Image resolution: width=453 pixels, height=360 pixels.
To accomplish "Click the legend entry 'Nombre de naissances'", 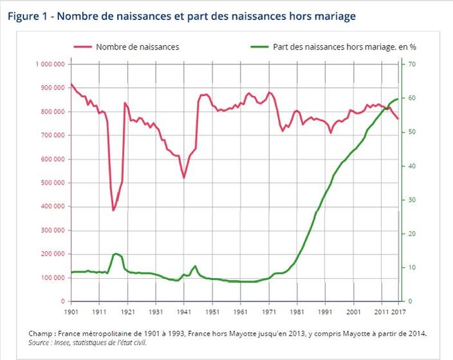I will click(x=137, y=46).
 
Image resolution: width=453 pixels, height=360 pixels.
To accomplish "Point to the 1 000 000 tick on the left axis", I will click(x=50, y=64).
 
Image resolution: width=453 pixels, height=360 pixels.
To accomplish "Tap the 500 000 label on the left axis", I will click(x=52, y=183).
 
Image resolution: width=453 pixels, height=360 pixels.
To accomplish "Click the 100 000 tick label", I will click(x=52, y=278).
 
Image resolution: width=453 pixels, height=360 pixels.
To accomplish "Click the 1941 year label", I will click(x=184, y=311).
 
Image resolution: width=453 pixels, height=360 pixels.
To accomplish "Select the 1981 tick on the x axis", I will click(x=297, y=311).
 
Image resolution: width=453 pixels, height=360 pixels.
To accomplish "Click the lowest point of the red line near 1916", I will click(x=113, y=210).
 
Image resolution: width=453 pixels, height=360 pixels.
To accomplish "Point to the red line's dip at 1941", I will click(x=184, y=178).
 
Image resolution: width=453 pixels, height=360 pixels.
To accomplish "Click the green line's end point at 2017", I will click(x=398, y=99).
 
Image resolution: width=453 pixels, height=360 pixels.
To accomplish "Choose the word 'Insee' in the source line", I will click(x=69, y=343).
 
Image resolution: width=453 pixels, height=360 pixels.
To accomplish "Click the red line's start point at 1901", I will click(x=71, y=84).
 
